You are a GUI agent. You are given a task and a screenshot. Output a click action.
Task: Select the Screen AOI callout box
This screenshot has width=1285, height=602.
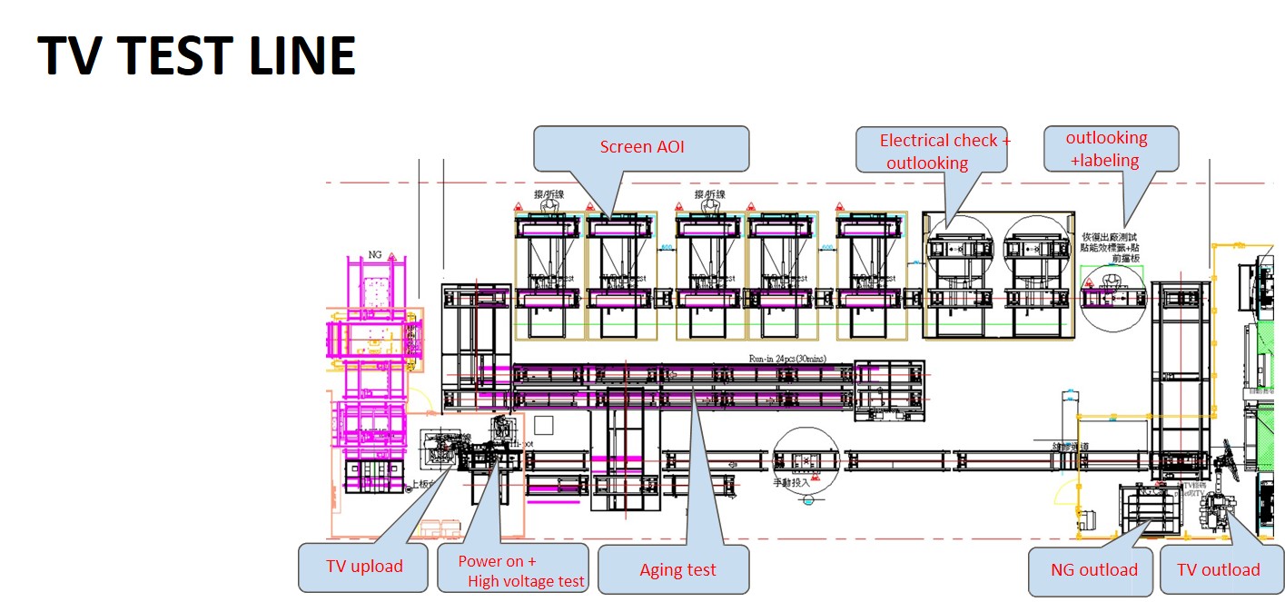(641, 147)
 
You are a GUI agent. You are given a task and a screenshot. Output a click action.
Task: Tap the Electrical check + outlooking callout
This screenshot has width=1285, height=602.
(933, 151)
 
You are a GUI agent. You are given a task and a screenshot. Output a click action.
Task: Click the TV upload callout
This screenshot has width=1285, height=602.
(364, 567)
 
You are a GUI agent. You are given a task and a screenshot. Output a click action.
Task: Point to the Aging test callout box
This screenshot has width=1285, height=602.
(677, 569)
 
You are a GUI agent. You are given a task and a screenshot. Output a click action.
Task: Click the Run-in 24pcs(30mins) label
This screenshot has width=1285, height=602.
(787, 359)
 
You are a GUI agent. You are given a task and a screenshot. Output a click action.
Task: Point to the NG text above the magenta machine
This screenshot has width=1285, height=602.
(375, 255)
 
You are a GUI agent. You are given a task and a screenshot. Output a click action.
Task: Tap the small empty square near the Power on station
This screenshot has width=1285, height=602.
(543, 425)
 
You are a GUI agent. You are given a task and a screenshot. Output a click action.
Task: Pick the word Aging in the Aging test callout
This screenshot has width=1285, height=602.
(658, 570)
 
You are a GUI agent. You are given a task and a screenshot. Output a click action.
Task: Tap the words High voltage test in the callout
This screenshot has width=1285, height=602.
(527, 582)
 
